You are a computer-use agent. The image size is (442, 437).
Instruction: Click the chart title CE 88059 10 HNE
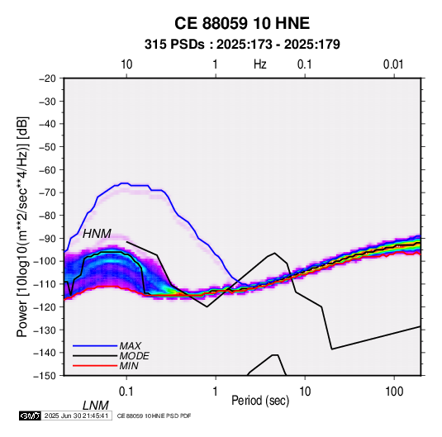[242, 23]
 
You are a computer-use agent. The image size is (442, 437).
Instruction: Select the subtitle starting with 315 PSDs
[242, 45]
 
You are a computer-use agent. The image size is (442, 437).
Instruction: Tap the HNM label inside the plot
[97, 234]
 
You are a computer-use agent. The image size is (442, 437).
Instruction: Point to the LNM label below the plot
[96, 406]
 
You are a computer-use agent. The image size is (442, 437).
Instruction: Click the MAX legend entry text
[131, 345]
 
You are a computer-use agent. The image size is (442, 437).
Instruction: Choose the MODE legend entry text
[134, 356]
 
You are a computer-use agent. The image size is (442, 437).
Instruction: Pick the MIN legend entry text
[129, 366]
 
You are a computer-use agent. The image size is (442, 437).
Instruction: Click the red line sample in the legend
[95, 366]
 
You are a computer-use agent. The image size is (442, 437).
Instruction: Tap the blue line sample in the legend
[95, 345]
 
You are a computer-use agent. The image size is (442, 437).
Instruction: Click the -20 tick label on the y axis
[47, 78]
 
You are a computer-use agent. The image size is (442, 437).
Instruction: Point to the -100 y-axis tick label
[45, 261]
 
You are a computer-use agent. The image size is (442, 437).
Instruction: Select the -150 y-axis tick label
[45, 376]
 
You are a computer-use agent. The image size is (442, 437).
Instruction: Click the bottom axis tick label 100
[394, 392]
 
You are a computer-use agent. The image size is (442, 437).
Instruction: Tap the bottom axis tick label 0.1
[126, 392]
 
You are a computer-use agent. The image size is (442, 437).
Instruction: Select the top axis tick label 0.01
[393, 64]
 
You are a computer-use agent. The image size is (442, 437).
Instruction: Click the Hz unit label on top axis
[259, 64]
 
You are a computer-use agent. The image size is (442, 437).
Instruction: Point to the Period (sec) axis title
[260, 401]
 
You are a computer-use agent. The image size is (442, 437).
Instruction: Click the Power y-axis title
[22, 226]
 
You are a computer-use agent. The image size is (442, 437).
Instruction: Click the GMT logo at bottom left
[31, 416]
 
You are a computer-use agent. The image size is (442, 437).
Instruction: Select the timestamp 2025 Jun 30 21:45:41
[76, 416]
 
